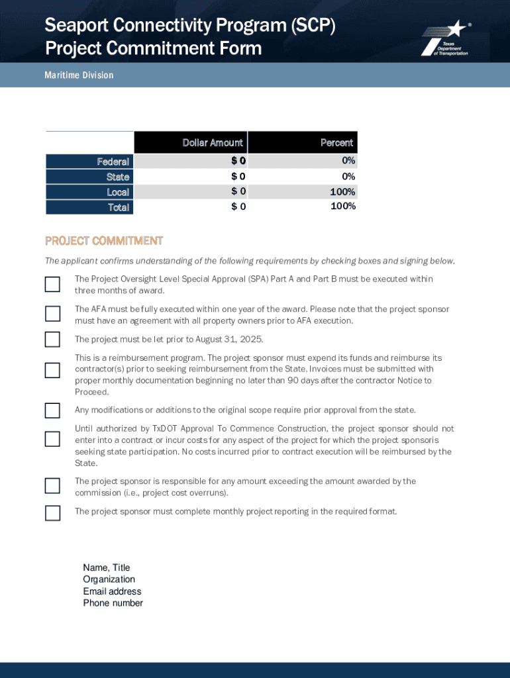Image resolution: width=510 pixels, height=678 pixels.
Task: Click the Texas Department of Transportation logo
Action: [x=444, y=38]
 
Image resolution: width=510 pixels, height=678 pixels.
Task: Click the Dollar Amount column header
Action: [x=213, y=142]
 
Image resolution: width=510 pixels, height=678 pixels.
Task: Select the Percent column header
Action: [x=336, y=142]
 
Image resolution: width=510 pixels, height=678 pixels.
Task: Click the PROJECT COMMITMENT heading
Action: [x=103, y=240]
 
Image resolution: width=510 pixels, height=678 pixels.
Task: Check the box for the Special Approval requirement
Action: [x=52, y=285]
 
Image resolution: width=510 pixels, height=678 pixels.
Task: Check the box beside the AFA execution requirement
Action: [x=52, y=313]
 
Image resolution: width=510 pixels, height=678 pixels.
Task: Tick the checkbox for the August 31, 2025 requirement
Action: [x=52, y=340]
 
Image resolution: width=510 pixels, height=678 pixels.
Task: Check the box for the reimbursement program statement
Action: [x=52, y=370]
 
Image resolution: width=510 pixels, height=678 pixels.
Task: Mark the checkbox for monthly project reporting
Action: [x=52, y=512]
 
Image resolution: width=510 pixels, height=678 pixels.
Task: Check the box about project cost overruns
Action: [x=52, y=485]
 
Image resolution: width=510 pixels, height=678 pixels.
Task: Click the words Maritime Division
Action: [x=79, y=75]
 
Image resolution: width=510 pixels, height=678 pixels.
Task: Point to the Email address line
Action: [x=112, y=591]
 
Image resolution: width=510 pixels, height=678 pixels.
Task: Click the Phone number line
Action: [x=113, y=603]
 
